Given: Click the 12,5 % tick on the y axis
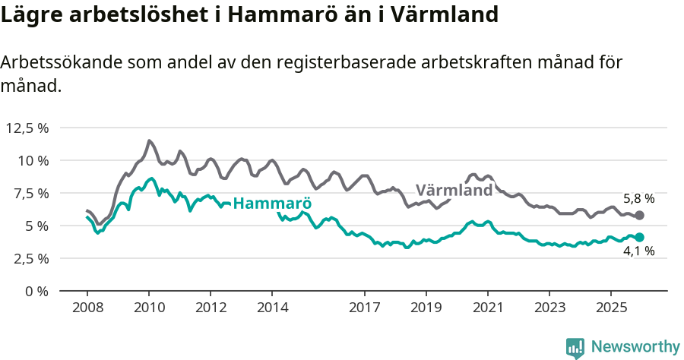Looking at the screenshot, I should pos(27,128).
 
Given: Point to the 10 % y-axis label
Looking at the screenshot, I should pos(32,160).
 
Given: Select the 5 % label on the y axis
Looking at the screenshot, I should pos(35,226).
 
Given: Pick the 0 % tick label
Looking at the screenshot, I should pos(35,291).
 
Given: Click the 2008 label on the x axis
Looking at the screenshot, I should pos(87,308).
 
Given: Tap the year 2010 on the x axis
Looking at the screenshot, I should pos(149,308).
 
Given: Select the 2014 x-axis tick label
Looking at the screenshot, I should pos(272,308).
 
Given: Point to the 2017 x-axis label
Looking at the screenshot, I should pos(365,308).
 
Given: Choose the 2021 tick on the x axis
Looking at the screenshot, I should pos(488,308).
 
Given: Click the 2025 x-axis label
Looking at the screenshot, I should pos(610,308).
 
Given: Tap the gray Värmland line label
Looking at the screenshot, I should pos(454,190).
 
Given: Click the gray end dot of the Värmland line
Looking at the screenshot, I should pos(639,216).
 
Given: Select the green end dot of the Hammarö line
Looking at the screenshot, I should pos(639,238).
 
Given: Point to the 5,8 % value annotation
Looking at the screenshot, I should pos(638,198).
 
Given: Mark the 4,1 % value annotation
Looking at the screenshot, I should pos(638,251).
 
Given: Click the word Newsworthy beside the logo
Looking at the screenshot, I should pos(635,346).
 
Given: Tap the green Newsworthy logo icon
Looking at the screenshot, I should pos(575,347).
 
